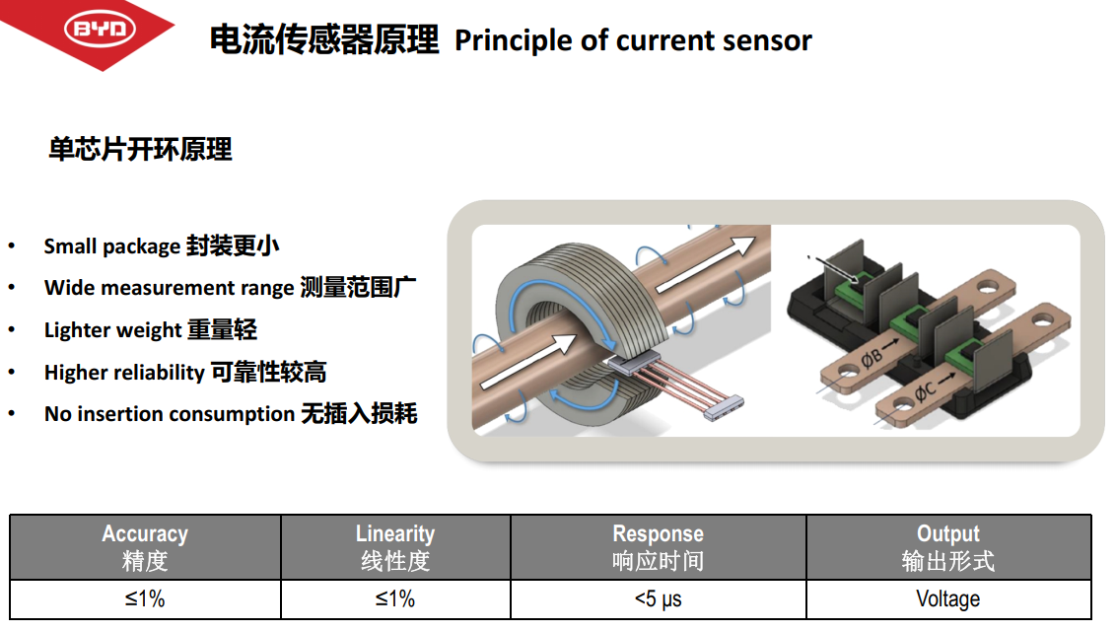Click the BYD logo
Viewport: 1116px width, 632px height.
click(100, 30)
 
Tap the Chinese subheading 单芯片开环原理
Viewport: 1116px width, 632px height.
click(140, 150)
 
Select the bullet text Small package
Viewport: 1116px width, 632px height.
click(112, 246)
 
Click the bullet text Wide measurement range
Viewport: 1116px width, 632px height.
click(170, 288)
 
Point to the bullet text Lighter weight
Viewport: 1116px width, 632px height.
click(113, 330)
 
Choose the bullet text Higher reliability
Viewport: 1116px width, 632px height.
click(124, 373)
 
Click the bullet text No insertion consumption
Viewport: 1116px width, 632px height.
click(170, 414)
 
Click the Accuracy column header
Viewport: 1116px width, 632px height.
click(145, 547)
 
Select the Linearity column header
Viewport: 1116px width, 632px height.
click(395, 547)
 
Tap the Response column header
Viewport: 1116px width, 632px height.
click(659, 547)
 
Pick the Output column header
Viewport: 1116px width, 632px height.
click(948, 547)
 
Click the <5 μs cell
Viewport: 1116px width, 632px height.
click(659, 599)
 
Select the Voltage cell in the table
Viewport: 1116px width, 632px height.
click(948, 599)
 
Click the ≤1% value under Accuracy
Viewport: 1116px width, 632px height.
click(145, 599)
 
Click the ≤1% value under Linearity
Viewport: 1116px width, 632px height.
click(395, 599)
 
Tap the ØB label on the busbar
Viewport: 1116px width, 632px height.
click(872, 357)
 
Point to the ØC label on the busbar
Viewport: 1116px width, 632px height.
click(925, 390)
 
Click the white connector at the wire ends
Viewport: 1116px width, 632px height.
click(723, 407)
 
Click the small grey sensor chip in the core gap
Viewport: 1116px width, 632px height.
click(633, 362)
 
